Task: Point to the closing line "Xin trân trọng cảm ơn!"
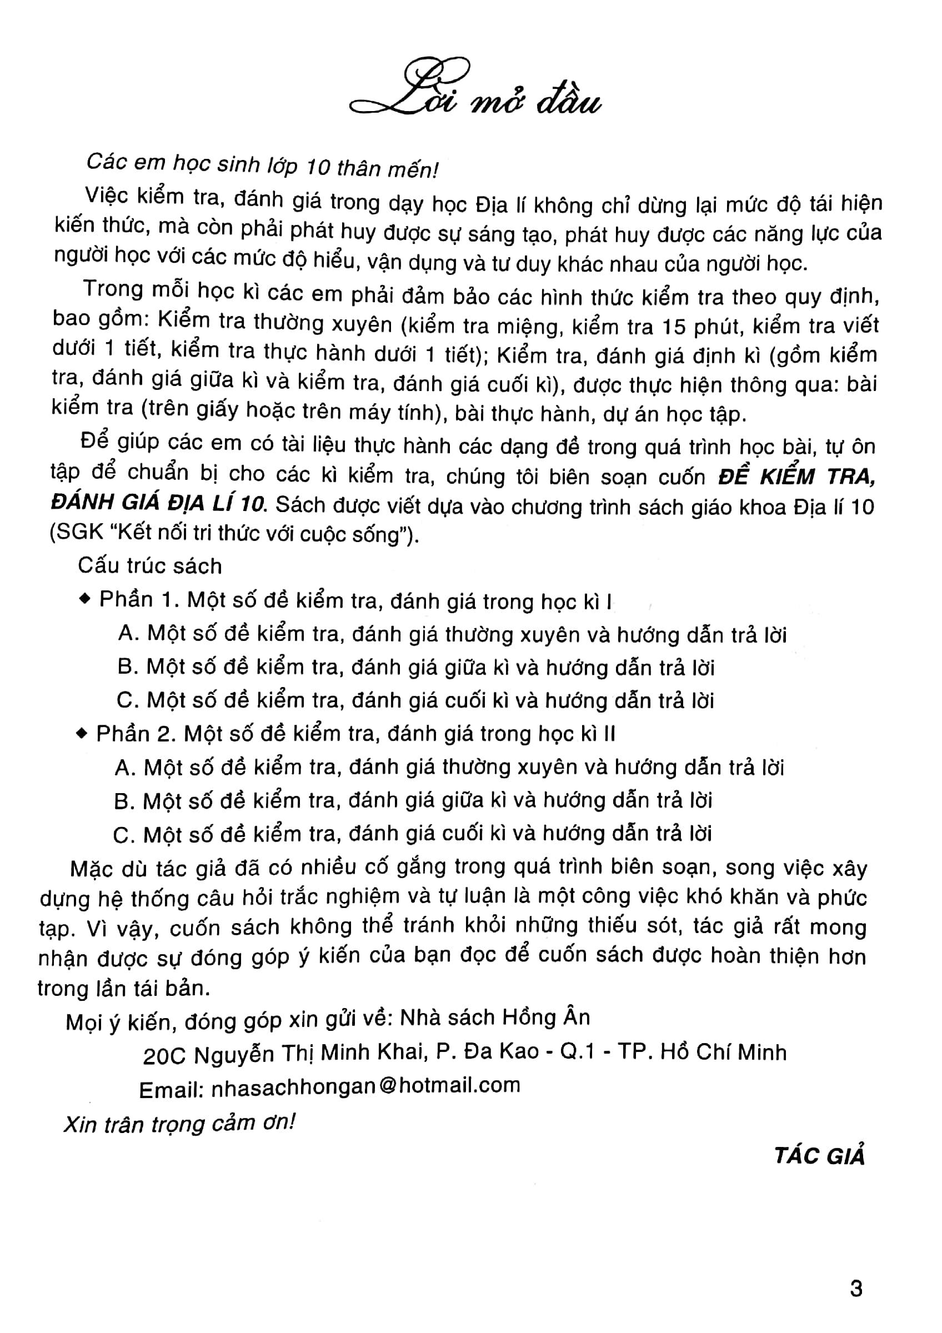click(179, 1124)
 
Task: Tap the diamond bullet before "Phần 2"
click(82, 734)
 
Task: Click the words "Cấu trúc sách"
click(150, 566)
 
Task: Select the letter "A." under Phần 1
click(128, 633)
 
